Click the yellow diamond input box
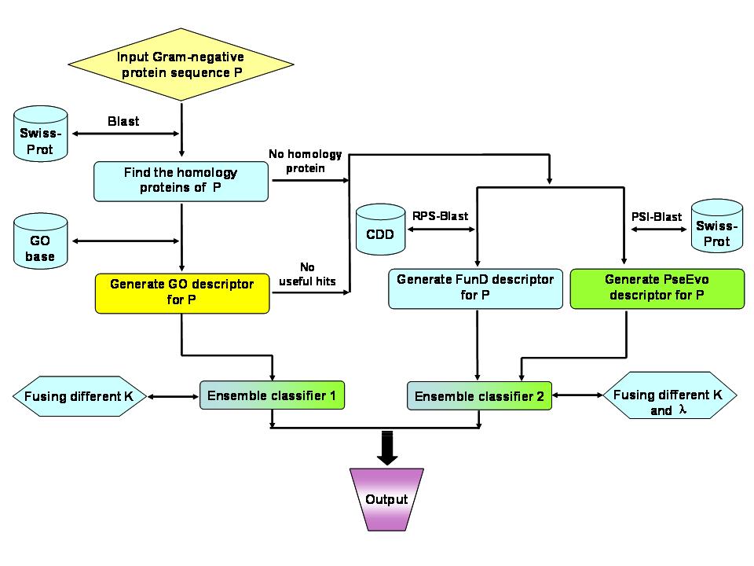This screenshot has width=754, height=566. pyautogui.click(x=181, y=64)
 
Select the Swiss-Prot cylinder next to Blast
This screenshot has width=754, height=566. pyautogui.click(x=40, y=134)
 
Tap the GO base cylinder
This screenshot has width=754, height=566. pyautogui.click(x=40, y=241)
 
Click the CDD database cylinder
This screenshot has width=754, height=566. pyautogui.click(x=380, y=229)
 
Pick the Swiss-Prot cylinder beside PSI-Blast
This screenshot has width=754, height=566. pyautogui.click(x=717, y=226)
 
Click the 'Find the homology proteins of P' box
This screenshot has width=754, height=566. pyautogui.click(x=181, y=181)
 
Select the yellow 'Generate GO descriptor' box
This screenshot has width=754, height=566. pyautogui.click(x=181, y=293)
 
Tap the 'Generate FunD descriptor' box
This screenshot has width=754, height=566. pyautogui.click(x=475, y=289)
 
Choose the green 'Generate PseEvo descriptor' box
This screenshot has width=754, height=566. pyautogui.click(x=657, y=289)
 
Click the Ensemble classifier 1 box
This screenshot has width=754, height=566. pyautogui.click(x=272, y=395)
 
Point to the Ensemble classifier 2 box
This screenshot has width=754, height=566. pyautogui.click(x=479, y=396)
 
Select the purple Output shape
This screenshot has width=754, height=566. pyautogui.click(x=386, y=500)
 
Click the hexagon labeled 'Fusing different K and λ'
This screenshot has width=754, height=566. pyautogui.click(x=669, y=395)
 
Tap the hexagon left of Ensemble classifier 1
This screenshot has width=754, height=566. pyautogui.click(x=79, y=396)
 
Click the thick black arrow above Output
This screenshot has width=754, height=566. pyautogui.click(x=387, y=448)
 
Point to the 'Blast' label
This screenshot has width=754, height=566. pyautogui.click(x=123, y=121)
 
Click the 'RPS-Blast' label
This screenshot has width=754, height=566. pyautogui.click(x=440, y=216)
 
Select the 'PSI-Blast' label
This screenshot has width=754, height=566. pyautogui.click(x=657, y=217)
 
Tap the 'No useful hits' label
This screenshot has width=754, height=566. pyautogui.click(x=307, y=274)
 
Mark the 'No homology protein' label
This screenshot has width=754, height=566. pyautogui.click(x=306, y=161)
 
